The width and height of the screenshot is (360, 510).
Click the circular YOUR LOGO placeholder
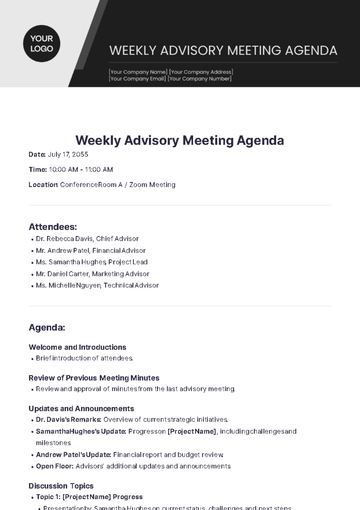click(x=41, y=43)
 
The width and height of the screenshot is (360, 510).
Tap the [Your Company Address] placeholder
click(x=201, y=72)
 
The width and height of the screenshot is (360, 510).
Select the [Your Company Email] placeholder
click(x=138, y=79)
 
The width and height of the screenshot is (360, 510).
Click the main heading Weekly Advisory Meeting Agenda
click(x=180, y=140)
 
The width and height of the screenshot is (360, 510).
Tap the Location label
click(x=43, y=185)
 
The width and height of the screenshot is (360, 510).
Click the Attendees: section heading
click(x=52, y=227)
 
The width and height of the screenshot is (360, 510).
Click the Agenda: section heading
click(x=47, y=327)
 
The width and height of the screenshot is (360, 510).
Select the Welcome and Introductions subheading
click(x=77, y=347)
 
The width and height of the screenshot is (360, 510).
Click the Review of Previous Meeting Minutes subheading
click(x=94, y=377)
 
